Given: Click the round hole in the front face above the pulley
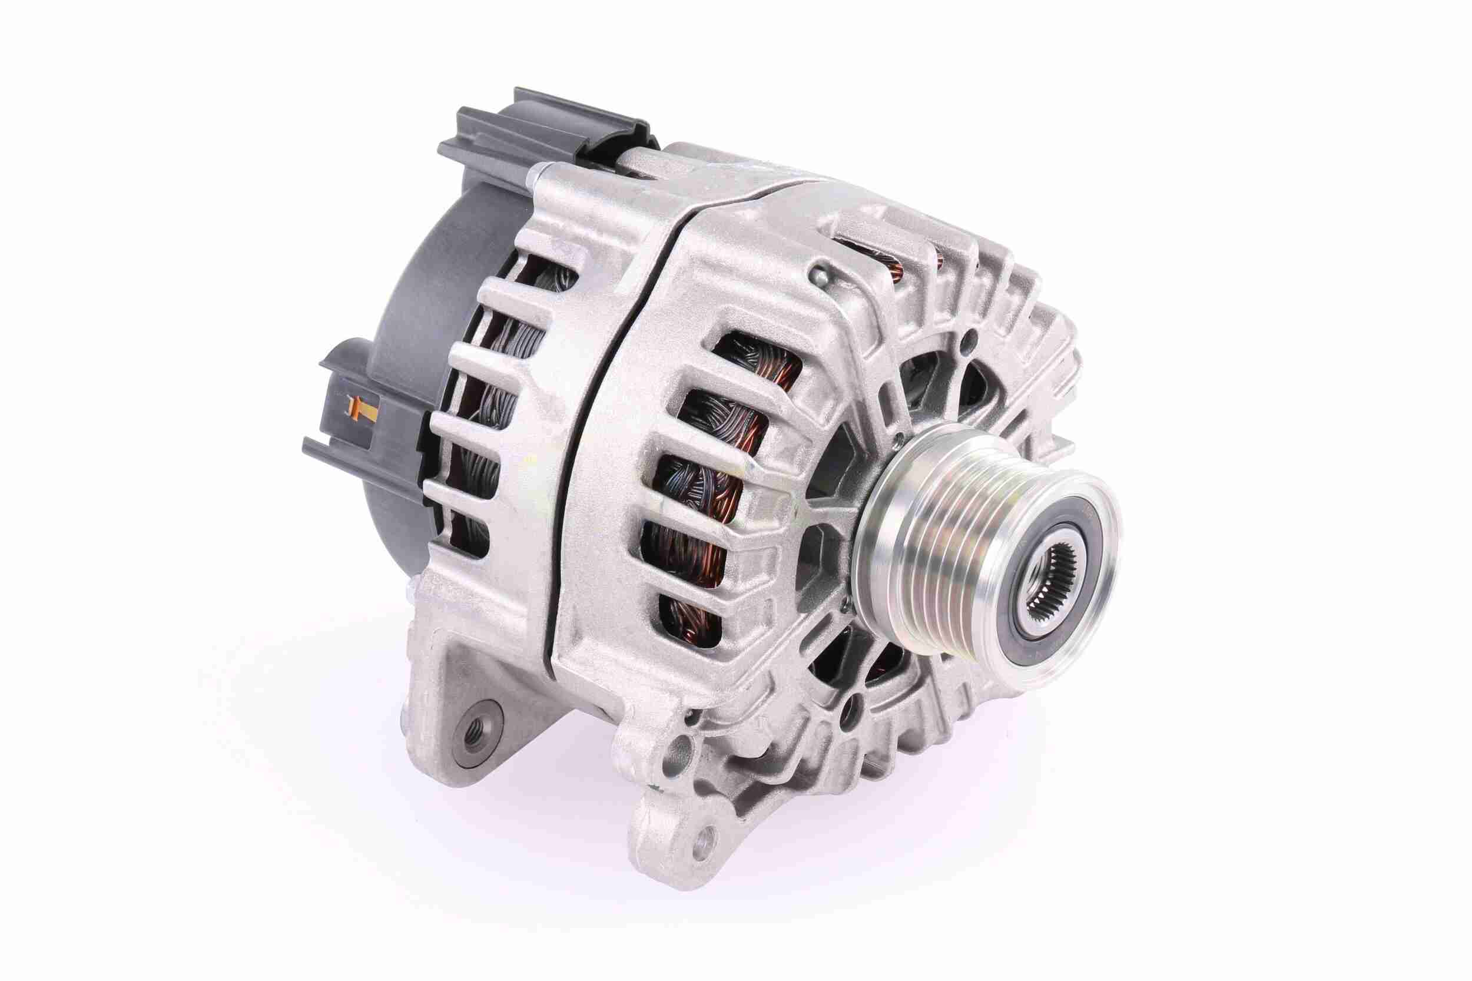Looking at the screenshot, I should tap(969, 340).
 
